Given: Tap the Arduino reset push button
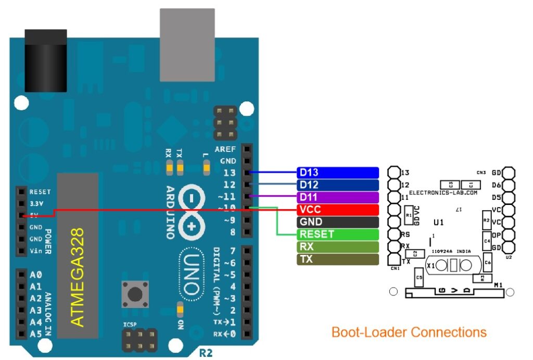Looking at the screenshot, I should pyautogui.click(x=133, y=294).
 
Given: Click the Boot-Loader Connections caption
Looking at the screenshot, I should pyautogui.click(x=409, y=332).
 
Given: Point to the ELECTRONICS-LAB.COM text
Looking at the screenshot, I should pyautogui.click(x=443, y=192).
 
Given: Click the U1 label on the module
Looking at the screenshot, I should pyautogui.click(x=438, y=222).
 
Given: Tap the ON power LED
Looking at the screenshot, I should pyautogui.click(x=180, y=311).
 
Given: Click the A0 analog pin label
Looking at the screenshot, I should pyautogui.click(x=36, y=275).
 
